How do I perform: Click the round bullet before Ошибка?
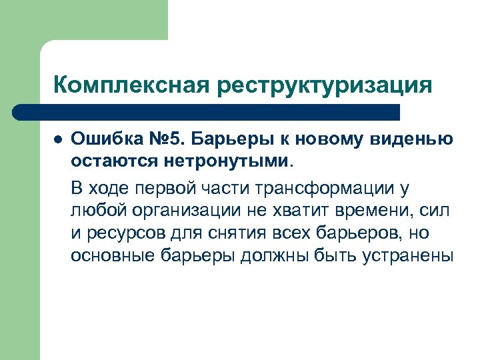(x=58, y=141)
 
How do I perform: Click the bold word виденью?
(x=413, y=140)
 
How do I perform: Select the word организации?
(x=177, y=211)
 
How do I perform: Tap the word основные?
(x=111, y=257)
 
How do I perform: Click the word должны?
(x=256, y=257)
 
